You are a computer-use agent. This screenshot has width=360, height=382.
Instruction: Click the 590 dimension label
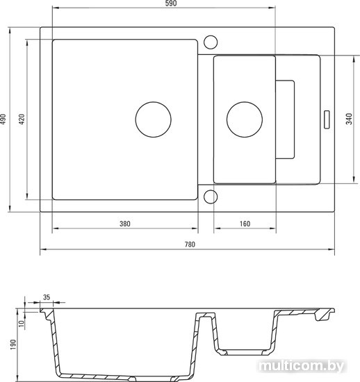coord(171,3)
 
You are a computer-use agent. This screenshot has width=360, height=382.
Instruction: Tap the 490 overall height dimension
coord(3,119)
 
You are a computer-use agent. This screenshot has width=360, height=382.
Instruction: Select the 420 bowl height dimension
coord(22,119)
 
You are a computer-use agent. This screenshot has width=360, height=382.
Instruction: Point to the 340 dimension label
coord(349,119)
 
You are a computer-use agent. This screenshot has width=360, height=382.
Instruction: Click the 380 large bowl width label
coord(125,224)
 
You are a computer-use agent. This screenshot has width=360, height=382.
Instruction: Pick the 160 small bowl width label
coord(245,224)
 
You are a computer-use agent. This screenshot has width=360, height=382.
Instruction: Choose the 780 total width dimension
coord(190,244)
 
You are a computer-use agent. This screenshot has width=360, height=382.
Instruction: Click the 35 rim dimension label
coord(47,297)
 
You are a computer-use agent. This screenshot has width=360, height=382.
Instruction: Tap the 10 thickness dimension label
coord(22,324)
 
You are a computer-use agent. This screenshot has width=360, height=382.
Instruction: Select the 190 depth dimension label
coord(13,344)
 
